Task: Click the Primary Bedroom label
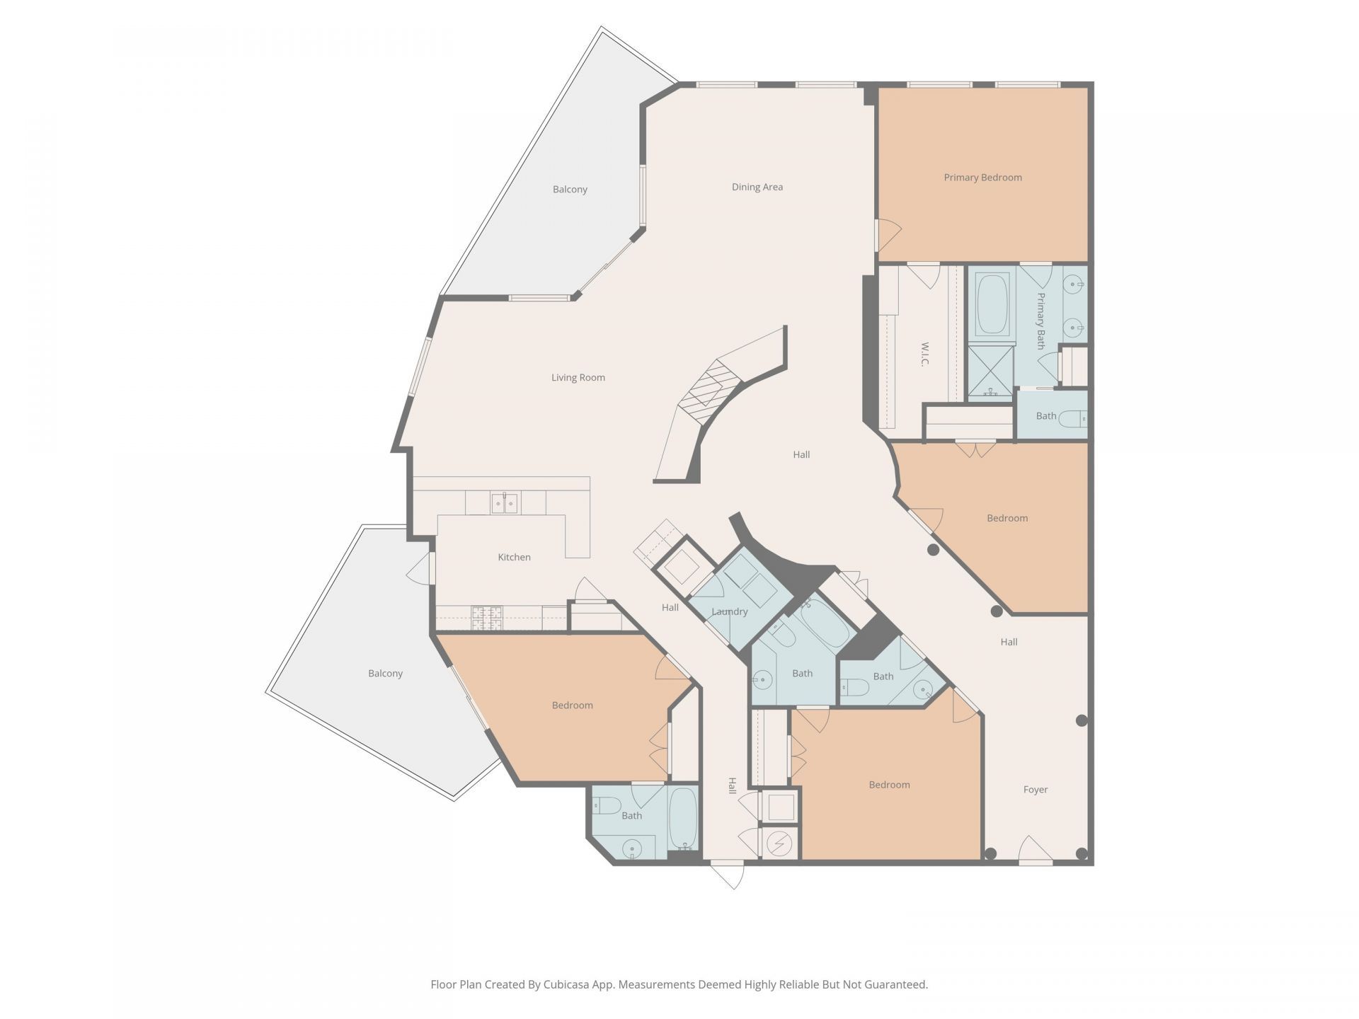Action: (x=982, y=178)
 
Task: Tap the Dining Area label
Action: (x=757, y=188)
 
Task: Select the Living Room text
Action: (x=578, y=378)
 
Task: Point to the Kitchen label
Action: (x=514, y=558)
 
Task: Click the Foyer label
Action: (x=1035, y=790)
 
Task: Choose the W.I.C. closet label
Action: (x=924, y=355)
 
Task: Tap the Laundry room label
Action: (x=729, y=612)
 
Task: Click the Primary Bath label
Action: (x=1040, y=321)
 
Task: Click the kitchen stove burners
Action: (x=487, y=617)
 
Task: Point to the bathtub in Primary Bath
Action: (x=992, y=304)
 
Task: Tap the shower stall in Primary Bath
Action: (x=990, y=372)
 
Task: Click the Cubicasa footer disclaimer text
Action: (x=679, y=984)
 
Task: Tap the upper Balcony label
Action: (x=570, y=190)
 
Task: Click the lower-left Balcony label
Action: (x=385, y=674)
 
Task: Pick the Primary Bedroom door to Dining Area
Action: (x=888, y=235)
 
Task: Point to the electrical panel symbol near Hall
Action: (x=779, y=844)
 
